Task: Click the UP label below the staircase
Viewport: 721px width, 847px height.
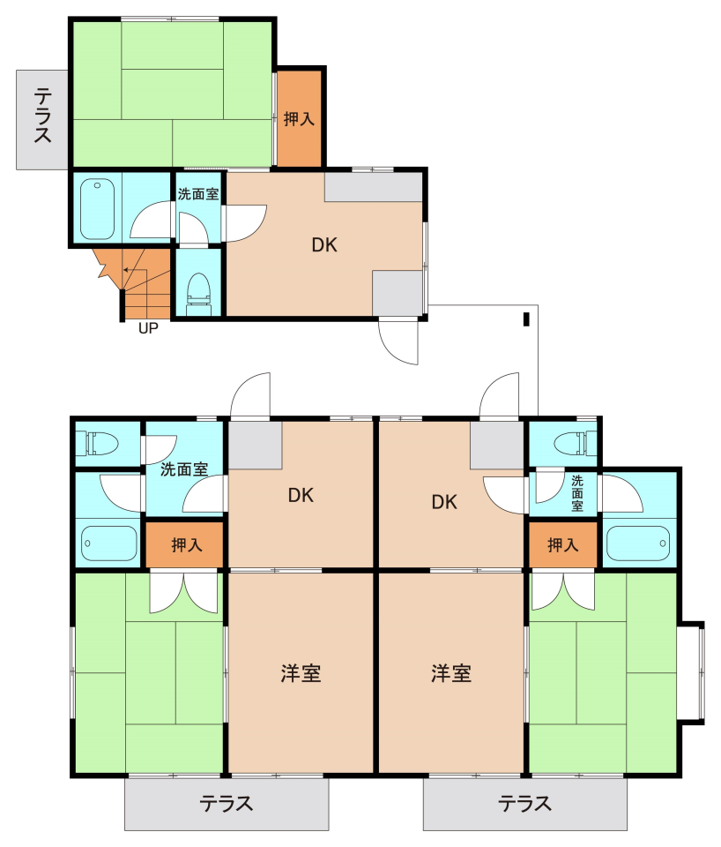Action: point(148,328)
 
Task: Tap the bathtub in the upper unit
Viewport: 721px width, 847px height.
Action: point(97,209)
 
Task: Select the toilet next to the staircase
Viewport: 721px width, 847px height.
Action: point(198,294)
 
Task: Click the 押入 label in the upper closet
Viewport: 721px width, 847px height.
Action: point(299,118)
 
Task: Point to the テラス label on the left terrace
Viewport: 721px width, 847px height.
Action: point(42,116)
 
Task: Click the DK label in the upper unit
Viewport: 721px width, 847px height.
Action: point(324,245)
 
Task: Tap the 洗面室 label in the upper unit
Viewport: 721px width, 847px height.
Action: point(198,194)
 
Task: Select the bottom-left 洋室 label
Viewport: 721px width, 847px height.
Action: point(301,673)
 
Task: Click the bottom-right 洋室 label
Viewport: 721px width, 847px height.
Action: point(451,673)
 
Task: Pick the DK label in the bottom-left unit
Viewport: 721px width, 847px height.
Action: point(301,495)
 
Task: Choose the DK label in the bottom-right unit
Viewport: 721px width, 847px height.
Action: point(444,502)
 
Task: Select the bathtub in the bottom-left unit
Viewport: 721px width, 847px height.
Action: point(109,543)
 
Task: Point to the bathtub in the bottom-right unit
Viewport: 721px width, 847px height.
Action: point(638,543)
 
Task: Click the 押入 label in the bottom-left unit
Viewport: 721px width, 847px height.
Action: point(187,545)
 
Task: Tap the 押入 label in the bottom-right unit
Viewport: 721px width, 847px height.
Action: point(563,545)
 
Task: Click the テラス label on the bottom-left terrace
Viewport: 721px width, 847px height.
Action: point(227,804)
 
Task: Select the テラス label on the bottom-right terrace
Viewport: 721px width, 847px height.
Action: point(524,804)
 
